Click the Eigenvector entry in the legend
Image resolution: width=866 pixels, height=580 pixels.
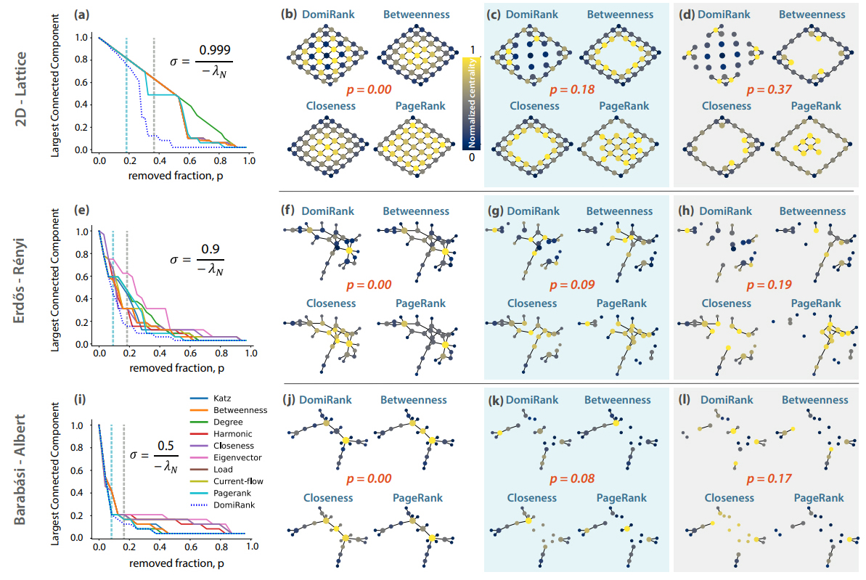225,457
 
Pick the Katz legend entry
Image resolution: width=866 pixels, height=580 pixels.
211,399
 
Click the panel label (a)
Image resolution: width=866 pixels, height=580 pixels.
82,15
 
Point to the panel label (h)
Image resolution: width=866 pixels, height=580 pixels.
687,211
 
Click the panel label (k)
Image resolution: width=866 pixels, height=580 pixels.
495,400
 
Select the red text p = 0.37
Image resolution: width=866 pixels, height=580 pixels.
769,89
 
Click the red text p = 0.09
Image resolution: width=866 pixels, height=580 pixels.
571,285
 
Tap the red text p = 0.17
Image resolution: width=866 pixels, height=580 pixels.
769,479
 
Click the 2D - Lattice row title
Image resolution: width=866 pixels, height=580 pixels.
21,89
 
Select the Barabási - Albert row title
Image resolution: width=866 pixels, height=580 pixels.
20,469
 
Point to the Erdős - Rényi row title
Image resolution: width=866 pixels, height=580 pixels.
20,281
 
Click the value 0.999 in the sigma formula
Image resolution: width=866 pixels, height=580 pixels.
215,50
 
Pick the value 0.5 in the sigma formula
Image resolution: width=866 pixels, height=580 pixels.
166,446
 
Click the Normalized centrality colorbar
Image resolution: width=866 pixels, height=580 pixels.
472,104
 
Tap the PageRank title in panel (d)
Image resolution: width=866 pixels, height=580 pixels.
816,106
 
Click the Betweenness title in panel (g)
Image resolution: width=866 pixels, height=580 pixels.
619,211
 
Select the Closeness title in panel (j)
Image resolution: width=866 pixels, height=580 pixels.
328,498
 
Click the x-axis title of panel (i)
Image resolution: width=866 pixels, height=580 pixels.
176,563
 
